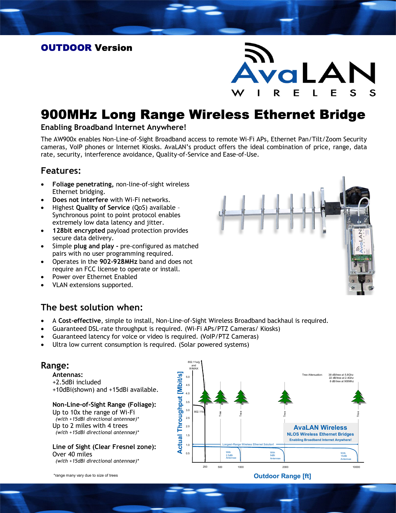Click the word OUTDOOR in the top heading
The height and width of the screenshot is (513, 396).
[x=66, y=48]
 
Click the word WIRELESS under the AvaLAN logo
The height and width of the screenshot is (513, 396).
[x=303, y=93]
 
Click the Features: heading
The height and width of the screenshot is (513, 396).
[x=61, y=171]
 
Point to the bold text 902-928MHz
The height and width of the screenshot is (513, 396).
[x=118, y=262]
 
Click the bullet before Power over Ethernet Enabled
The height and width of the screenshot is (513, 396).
[x=43, y=277]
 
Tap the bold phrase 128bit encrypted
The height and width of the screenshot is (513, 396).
[x=79, y=231]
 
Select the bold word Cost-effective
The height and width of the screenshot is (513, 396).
[x=80, y=321]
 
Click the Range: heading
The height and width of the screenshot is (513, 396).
[x=55, y=365]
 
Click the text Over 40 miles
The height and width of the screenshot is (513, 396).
[x=72, y=454]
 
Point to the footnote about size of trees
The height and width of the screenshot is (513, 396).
[x=86, y=475]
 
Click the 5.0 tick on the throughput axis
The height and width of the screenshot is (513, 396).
[x=188, y=377]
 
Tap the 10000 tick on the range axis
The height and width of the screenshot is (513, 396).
[x=356, y=467]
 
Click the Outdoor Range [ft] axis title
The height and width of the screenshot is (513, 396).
[x=282, y=476]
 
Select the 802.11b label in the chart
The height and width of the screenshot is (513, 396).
[x=199, y=412]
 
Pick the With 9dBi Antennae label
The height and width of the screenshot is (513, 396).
[x=275, y=456]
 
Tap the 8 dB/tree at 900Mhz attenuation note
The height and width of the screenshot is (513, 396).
[x=342, y=381]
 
